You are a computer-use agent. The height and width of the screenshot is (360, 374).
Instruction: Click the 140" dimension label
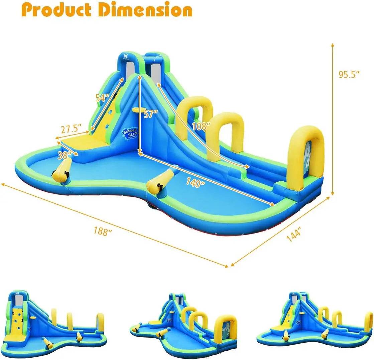pyautogui.click(x=196, y=183)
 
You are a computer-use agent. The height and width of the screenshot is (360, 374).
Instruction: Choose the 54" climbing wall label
pyautogui.click(x=102, y=98)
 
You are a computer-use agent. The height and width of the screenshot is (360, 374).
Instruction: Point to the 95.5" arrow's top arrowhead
pyautogui.click(x=333, y=44)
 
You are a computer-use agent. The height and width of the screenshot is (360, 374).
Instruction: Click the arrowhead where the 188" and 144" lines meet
pyautogui.click(x=228, y=266)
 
